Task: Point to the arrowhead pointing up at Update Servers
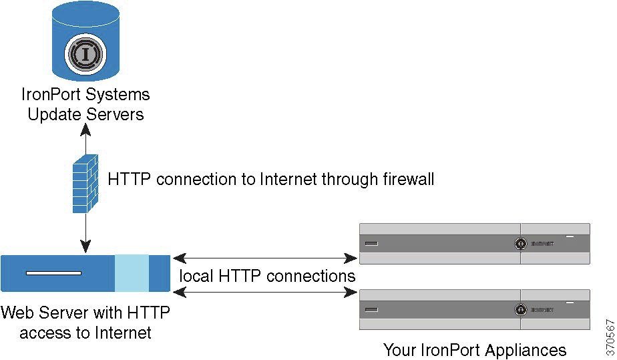(85, 129)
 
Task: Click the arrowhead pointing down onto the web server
(85, 248)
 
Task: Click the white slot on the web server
(53, 273)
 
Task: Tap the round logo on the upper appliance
(519, 244)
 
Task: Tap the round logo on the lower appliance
(519, 310)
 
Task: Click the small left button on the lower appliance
(371, 310)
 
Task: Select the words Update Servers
(85, 114)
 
